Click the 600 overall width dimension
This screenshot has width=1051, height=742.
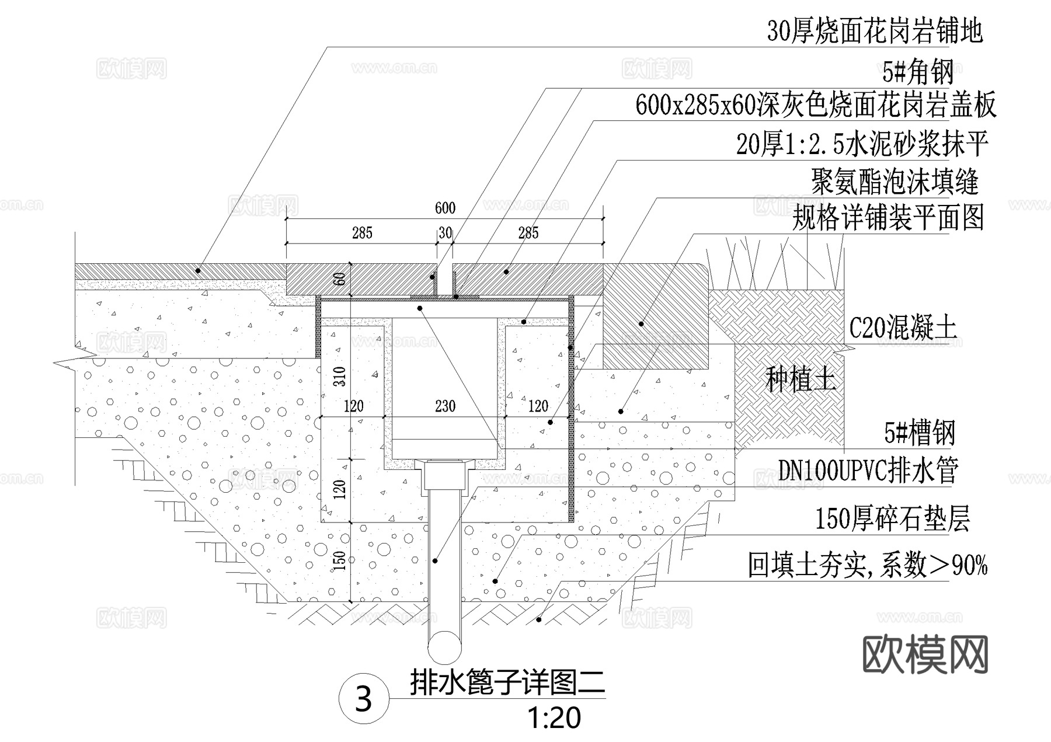pyautogui.click(x=445, y=208)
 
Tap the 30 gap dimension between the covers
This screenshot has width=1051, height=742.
pyautogui.click(x=445, y=234)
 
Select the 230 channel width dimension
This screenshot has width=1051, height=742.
pyautogui.click(x=445, y=406)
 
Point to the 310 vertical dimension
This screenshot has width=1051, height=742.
pyautogui.click(x=340, y=377)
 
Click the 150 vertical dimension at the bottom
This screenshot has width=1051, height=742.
pyautogui.click(x=340, y=560)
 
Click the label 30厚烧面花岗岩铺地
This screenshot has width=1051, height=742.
pyautogui.click(x=875, y=32)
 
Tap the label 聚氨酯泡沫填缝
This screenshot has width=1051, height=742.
pyautogui.click(x=895, y=182)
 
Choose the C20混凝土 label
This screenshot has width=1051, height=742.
pyautogui.click(x=903, y=328)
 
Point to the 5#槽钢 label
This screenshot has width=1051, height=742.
pyautogui.click(x=920, y=433)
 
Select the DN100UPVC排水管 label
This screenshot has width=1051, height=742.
pyautogui.click(x=868, y=470)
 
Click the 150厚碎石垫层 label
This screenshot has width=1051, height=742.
pyautogui.click(x=892, y=519)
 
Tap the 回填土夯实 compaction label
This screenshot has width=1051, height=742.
pyautogui.click(x=868, y=565)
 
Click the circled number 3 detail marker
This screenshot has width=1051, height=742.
pyautogui.click(x=364, y=698)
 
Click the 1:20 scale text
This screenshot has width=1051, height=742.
pyautogui.click(x=554, y=718)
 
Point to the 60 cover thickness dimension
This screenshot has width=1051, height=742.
pyautogui.click(x=340, y=278)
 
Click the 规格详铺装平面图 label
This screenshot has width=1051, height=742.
pyautogui.click(x=888, y=218)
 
